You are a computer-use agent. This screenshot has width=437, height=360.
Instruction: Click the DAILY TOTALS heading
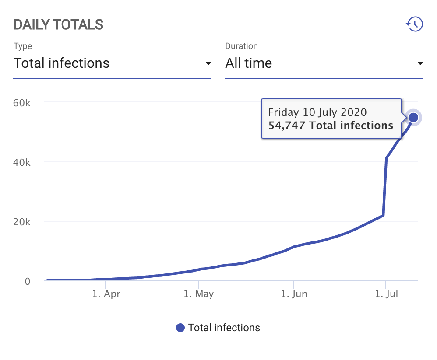[58, 24]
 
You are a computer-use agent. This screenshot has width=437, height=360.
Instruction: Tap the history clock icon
[414, 24]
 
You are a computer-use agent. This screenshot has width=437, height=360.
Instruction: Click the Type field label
[23, 46]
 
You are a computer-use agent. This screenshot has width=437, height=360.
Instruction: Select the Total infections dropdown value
[61, 63]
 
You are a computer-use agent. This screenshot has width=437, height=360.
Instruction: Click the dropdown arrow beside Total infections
[208, 63]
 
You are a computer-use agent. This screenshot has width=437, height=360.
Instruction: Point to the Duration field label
[241, 46]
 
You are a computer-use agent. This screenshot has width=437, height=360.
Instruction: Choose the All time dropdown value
[248, 63]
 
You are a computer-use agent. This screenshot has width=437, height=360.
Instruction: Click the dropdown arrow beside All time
[420, 63]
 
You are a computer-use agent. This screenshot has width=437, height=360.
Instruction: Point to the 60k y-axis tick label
[22, 103]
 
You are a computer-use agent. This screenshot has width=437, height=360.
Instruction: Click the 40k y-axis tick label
[22, 162]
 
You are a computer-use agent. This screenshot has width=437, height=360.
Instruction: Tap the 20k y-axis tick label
[22, 222]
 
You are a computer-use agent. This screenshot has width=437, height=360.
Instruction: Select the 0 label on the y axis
[28, 281]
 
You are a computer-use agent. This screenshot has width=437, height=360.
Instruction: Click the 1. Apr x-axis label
[106, 294]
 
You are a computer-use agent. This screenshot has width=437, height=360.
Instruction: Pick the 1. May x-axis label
[198, 294]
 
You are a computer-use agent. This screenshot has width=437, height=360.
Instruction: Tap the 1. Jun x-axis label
[294, 294]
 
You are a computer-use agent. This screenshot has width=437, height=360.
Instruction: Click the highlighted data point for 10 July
[413, 117]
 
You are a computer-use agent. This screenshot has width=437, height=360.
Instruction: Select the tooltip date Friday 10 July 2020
[317, 112]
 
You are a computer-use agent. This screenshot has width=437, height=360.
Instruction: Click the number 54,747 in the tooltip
[287, 126]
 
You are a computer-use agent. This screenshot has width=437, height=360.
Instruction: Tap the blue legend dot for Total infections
[180, 328]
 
